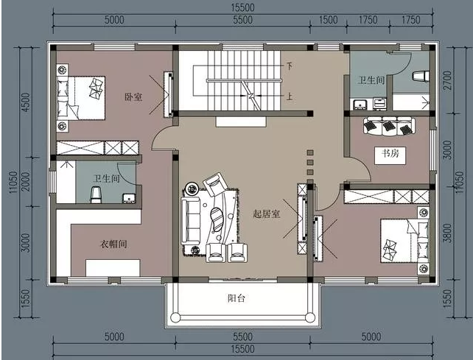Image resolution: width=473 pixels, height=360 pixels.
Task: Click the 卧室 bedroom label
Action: click(133, 97)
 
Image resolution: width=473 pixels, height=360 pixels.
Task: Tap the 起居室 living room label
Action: click(267, 214)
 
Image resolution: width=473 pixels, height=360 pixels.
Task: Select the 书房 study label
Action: click(390, 153)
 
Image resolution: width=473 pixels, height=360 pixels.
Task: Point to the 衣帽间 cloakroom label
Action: click(113, 244)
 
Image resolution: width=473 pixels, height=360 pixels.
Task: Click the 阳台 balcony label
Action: click(236, 298)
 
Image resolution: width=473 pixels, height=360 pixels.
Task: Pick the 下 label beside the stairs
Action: click(290, 66)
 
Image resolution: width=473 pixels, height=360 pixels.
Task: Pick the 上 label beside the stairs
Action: click(290, 96)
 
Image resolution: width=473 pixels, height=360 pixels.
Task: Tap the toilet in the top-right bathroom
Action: click(421, 76)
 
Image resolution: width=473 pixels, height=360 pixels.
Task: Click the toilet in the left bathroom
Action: click(96, 194)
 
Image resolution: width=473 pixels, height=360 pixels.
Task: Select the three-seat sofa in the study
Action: click(389, 126)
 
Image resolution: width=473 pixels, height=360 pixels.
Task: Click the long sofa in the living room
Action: click(191, 221)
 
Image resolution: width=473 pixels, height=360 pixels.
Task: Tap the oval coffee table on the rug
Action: click(216, 219)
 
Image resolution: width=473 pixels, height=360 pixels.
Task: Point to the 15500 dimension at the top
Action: click(243, 7)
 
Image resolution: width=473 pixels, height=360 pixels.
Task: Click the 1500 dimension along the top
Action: click(328, 20)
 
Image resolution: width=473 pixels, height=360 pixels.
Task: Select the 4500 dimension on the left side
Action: click(27, 102)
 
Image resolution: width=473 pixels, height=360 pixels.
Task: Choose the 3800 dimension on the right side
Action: click(447, 233)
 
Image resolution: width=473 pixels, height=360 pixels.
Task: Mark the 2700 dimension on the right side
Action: click(448, 80)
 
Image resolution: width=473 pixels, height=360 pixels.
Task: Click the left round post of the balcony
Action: click(175, 317)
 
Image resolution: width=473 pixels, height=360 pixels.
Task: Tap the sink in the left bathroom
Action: click(129, 198)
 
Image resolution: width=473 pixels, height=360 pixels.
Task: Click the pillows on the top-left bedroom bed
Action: click(63, 98)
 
